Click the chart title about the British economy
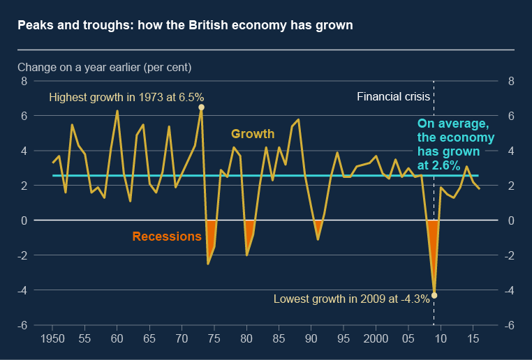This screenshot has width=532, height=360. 185,26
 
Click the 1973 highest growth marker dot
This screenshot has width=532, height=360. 201,107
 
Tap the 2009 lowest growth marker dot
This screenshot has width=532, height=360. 434,295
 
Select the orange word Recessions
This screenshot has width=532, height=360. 167,237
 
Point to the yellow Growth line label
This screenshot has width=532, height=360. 253,133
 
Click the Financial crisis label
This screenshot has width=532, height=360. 389,96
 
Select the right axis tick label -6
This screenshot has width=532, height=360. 510,325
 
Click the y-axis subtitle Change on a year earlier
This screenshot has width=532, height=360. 104,68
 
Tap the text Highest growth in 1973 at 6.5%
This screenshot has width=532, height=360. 126,98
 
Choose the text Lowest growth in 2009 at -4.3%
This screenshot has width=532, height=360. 351,299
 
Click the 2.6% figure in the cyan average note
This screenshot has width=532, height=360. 445,165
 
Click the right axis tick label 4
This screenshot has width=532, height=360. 510,151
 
